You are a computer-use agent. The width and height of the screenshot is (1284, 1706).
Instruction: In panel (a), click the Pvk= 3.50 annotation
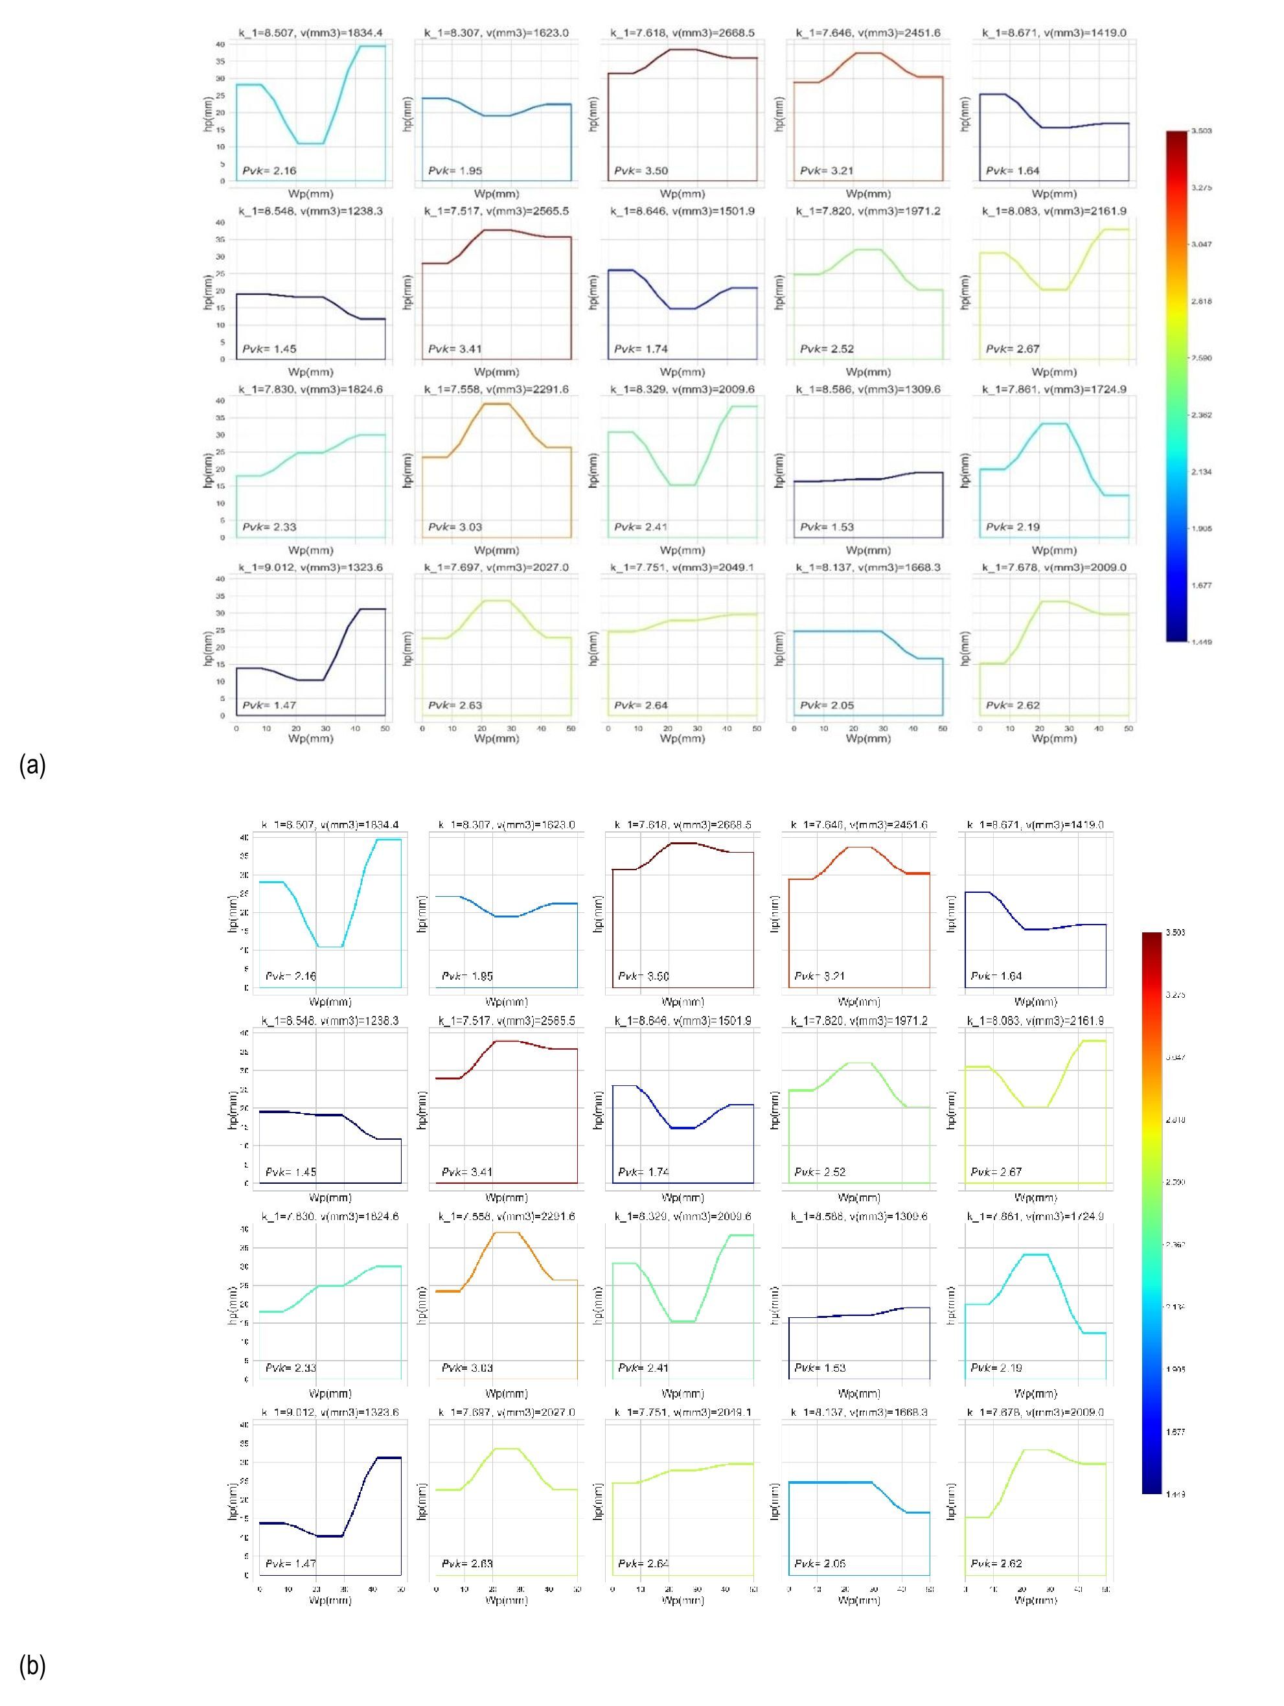(x=641, y=170)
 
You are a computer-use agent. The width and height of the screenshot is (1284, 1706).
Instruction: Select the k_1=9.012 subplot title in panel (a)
(x=310, y=568)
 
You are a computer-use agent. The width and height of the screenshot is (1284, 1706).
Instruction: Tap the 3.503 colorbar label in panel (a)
(x=1202, y=131)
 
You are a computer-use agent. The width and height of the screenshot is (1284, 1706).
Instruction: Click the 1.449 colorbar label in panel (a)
(x=1202, y=641)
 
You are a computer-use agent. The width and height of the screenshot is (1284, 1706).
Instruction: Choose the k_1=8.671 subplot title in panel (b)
(x=1035, y=824)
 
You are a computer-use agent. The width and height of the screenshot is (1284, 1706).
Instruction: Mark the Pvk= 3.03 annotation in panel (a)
(x=455, y=527)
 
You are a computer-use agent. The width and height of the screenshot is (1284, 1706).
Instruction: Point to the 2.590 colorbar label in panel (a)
(x=1202, y=358)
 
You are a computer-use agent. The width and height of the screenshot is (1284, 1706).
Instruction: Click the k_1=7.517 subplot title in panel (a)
(x=496, y=211)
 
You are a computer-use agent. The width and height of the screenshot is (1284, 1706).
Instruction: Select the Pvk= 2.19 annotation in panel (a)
(x=1013, y=527)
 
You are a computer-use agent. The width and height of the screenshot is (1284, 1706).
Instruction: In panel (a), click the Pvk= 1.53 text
(x=827, y=527)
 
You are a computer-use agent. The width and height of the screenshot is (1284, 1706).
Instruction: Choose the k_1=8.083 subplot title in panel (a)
(x=1053, y=211)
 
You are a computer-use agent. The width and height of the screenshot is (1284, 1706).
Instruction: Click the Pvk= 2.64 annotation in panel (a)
(x=641, y=705)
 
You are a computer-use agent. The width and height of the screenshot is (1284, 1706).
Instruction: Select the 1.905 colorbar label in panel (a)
(x=1202, y=528)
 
